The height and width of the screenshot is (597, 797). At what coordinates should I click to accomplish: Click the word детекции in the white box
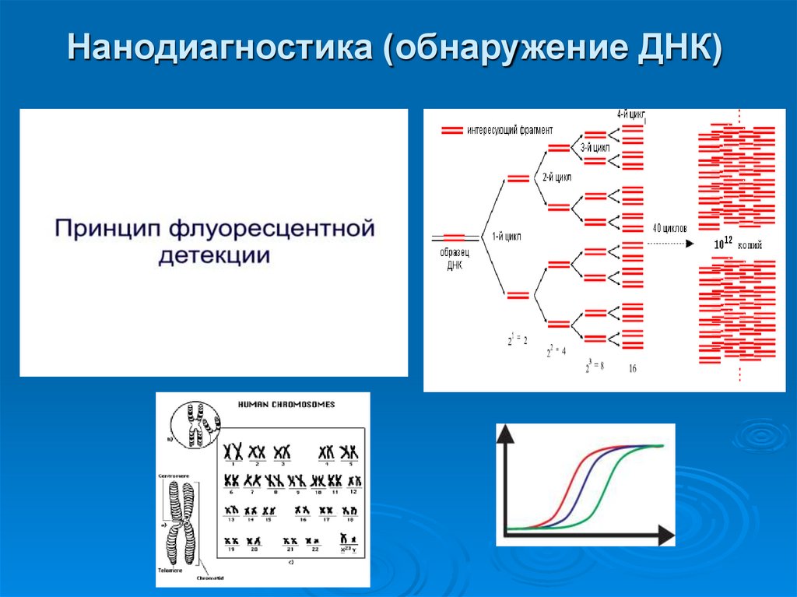(215, 255)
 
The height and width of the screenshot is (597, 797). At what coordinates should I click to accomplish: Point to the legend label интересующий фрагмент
(510, 129)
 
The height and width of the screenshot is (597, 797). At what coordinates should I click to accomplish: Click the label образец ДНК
(455, 259)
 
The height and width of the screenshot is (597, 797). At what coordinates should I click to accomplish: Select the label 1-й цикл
(507, 235)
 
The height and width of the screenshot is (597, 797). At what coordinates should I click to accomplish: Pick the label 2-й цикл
(556, 177)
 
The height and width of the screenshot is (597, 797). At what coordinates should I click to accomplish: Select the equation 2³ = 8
(595, 364)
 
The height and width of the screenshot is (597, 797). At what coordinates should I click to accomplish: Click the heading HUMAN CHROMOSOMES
(286, 405)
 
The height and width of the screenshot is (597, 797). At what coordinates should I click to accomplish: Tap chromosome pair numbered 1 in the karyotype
(232, 452)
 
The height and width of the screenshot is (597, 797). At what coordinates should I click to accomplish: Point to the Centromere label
(172, 473)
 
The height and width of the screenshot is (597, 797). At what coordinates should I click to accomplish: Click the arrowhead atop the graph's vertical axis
(507, 434)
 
